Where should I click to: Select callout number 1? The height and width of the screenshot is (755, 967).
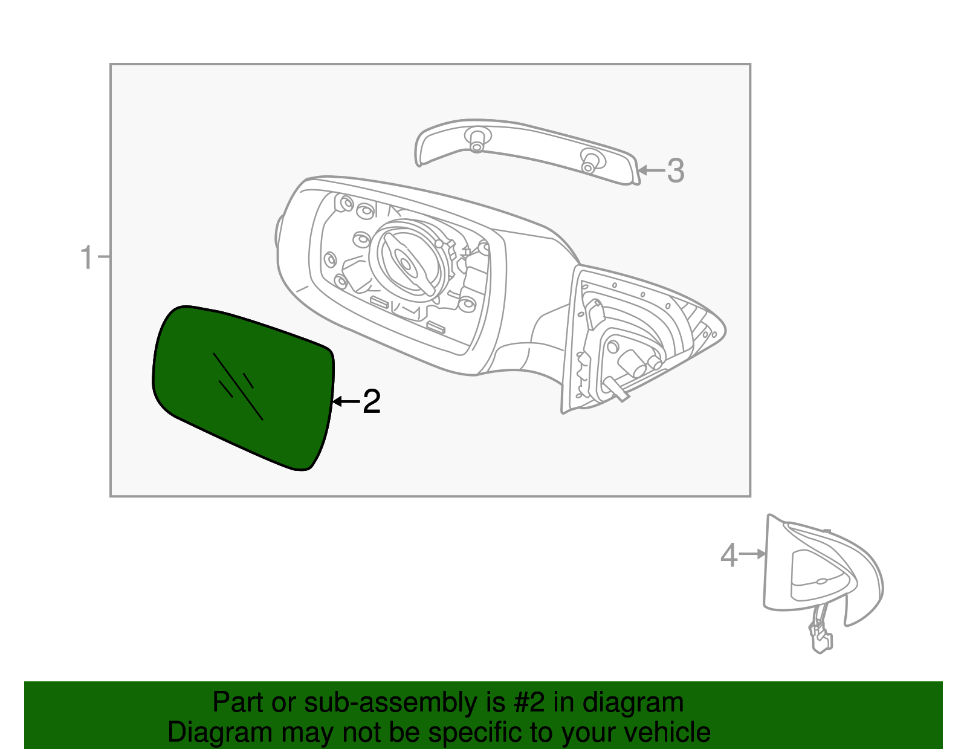pyautogui.click(x=88, y=258)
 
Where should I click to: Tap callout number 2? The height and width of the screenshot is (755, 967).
pyautogui.click(x=372, y=401)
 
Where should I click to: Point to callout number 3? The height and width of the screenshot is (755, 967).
pyautogui.click(x=676, y=170)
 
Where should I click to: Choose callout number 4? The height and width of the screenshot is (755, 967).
pyautogui.click(x=729, y=555)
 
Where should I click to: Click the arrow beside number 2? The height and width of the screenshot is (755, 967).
pyautogui.click(x=346, y=401)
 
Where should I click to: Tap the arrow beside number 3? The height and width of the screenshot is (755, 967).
pyautogui.click(x=651, y=170)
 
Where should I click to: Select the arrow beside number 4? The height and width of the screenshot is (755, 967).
pyautogui.click(x=753, y=554)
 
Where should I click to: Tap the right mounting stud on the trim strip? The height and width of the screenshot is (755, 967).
pyautogui.click(x=589, y=161)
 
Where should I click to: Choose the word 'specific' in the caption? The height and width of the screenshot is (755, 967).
pyautogui.click(x=474, y=733)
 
